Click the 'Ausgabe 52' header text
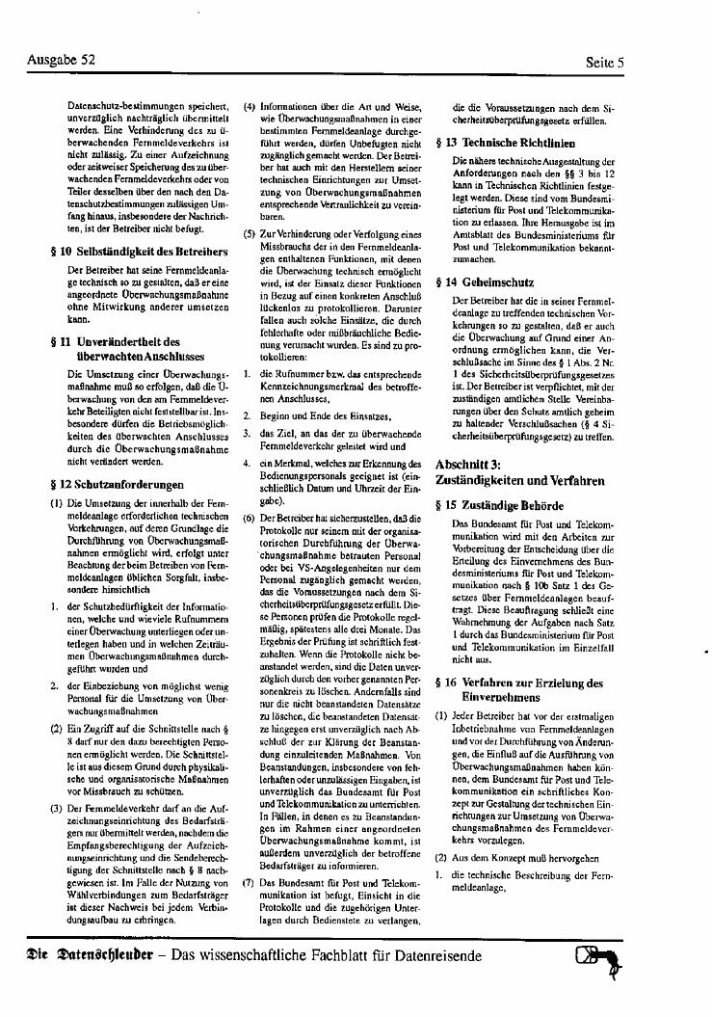pyautogui.click(x=62, y=60)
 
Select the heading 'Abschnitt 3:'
pyautogui.click(x=467, y=464)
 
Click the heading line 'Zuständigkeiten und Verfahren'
pyautogui.click(x=520, y=479)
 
